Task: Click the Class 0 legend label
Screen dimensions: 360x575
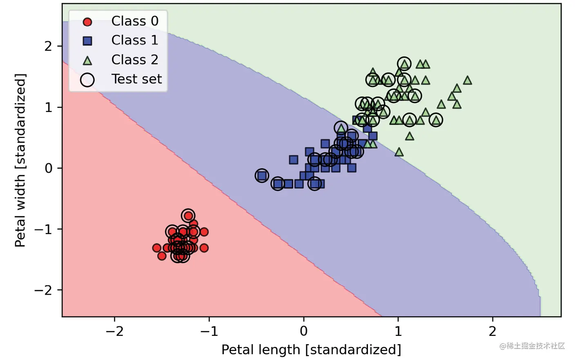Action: click(x=134, y=21)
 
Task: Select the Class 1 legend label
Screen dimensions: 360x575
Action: click(x=134, y=40)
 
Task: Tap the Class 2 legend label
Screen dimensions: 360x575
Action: click(x=134, y=60)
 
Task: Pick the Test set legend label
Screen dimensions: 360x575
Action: click(x=136, y=79)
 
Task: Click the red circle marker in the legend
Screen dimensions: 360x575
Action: click(x=87, y=22)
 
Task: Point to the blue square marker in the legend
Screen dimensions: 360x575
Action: click(x=87, y=41)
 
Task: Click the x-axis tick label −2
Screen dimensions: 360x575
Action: click(x=114, y=331)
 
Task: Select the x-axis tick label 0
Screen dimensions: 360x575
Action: click(x=303, y=331)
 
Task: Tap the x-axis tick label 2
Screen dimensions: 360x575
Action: click(x=493, y=331)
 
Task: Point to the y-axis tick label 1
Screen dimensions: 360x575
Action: click(x=49, y=107)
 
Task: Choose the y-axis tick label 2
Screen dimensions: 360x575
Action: click(x=49, y=46)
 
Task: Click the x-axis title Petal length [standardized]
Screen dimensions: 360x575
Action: click(x=311, y=350)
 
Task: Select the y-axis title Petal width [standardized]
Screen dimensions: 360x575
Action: click(x=20, y=160)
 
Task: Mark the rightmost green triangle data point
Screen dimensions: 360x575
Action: click(x=468, y=80)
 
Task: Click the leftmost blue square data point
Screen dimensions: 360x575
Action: click(x=262, y=176)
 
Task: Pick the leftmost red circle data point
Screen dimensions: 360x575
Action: click(x=156, y=248)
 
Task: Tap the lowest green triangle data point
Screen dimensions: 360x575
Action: click(x=399, y=152)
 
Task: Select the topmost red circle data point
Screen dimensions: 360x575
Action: click(x=188, y=215)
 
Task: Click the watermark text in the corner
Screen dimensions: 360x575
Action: click(x=532, y=346)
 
